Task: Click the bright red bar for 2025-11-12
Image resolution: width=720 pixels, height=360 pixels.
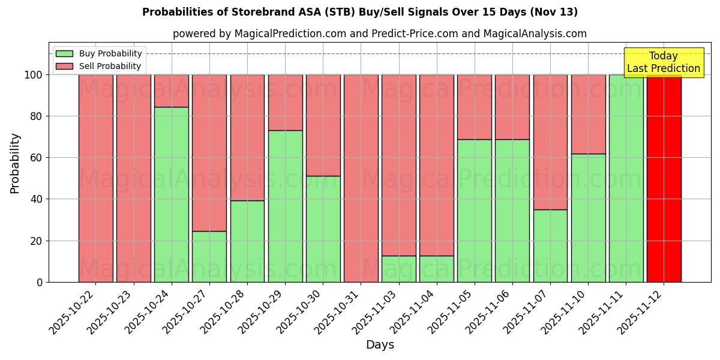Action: pyautogui.click(x=664, y=178)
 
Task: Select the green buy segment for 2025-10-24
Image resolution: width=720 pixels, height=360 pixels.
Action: pyautogui.click(x=172, y=194)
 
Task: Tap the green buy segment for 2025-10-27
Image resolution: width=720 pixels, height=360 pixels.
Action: pyautogui.click(x=209, y=256)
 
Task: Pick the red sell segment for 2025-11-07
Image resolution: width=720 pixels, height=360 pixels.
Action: pyautogui.click(x=550, y=142)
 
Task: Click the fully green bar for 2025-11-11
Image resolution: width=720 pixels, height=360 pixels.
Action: pyautogui.click(x=626, y=178)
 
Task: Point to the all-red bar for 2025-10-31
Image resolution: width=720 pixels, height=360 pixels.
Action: pyautogui.click(x=361, y=178)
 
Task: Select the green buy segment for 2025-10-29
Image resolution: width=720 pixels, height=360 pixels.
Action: pyautogui.click(x=285, y=206)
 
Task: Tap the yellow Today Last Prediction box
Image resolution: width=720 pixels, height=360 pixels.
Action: pyautogui.click(x=664, y=62)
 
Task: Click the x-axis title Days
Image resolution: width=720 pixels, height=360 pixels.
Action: pyautogui.click(x=380, y=345)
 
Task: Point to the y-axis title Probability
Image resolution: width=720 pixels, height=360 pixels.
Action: pyautogui.click(x=15, y=163)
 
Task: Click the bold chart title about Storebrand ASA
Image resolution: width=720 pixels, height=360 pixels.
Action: pyautogui.click(x=360, y=12)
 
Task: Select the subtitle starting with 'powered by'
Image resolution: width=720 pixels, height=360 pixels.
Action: pyautogui.click(x=380, y=34)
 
